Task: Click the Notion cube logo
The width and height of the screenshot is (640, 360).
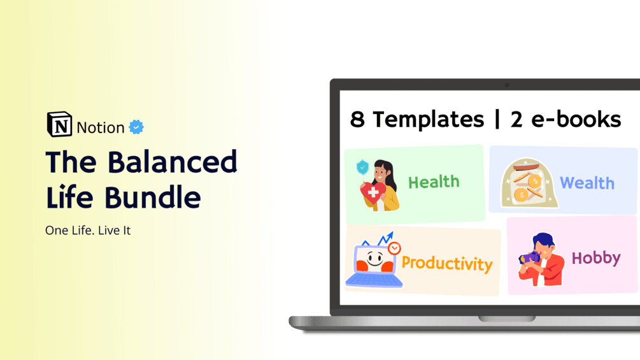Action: [x=59, y=125]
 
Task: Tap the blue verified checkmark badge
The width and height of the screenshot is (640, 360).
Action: [x=136, y=127]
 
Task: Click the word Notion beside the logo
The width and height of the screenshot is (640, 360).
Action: [x=101, y=127]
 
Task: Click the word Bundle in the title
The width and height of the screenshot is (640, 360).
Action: [x=153, y=197]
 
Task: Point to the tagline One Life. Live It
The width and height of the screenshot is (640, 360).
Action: [x=88, y=231]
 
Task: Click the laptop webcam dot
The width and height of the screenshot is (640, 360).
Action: [x=506, y=85]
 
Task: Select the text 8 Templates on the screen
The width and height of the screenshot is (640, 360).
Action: [x=417, y=119]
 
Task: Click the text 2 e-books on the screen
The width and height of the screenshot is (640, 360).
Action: [x=565, y=119]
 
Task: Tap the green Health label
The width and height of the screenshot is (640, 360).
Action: [x=434, y=182]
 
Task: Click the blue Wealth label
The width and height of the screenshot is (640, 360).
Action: [x=587, y=184]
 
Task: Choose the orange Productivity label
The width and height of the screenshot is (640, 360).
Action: [x=447, y=263]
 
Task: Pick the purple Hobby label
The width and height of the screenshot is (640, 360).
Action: [x=595, y=258]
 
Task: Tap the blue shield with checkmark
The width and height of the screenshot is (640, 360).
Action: [x=362, y=167]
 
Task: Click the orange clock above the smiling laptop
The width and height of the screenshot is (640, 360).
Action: [x=395, y=248]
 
